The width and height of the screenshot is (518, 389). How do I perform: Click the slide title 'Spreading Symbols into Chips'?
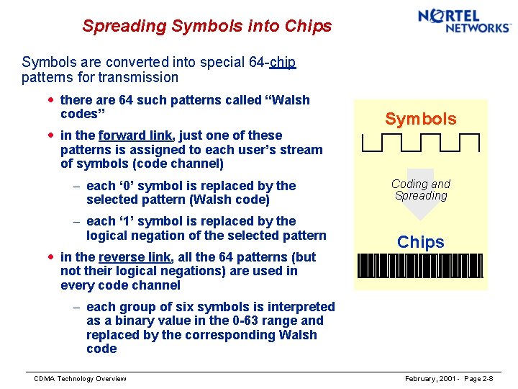[x=206, y=27]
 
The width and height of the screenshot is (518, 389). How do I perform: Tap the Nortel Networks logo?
[x=463, y=20]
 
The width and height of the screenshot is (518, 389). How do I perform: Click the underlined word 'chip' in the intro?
[x=283, y=63]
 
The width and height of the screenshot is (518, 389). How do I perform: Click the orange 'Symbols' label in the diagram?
[x=420, y=119]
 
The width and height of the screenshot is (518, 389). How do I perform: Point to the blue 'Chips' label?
[x=421, y=242]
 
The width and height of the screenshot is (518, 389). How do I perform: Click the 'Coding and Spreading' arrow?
[x=421, y=194]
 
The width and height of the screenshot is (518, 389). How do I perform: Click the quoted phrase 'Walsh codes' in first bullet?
[x=185, y=107]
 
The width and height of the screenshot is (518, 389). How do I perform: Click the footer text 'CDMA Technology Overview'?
[x=80, y=379]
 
